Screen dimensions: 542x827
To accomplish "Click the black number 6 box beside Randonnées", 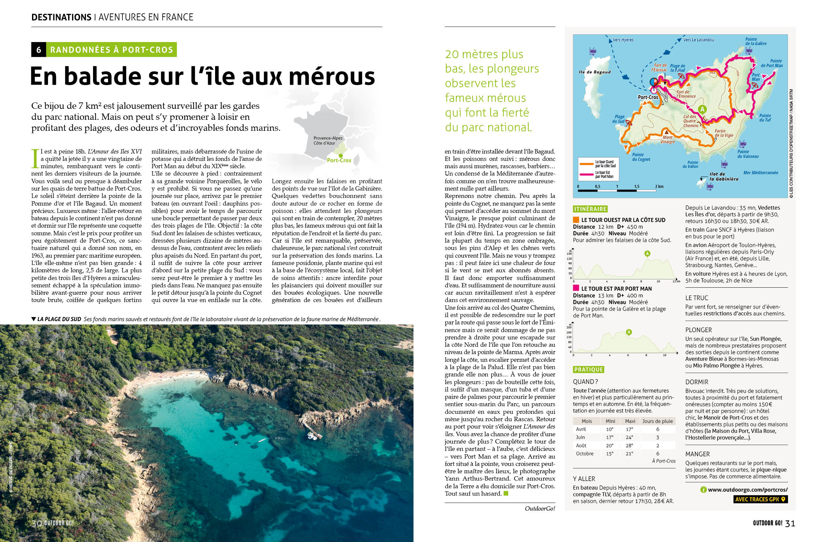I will [x=39, y=50].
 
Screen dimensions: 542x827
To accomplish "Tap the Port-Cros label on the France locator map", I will [x=339, y=160].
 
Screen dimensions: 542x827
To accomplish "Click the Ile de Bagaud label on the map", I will [x=595, y=72].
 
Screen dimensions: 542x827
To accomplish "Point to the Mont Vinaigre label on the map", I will [x=668, y=140].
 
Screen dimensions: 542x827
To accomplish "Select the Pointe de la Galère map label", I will [x=755, y=41].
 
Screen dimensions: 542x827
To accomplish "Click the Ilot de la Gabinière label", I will [x=723, y=177].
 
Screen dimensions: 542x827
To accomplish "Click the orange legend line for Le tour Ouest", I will [x=586, y=164].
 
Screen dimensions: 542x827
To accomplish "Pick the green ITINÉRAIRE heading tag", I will [x=590, y=209].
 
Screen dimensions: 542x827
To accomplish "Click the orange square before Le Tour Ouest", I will [x=576, y=220].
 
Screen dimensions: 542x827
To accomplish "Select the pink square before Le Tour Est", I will [x=576, y=288].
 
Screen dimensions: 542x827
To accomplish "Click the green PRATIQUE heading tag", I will [x=588, y=369].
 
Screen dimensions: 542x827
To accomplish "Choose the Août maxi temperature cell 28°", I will [x=630, y=445].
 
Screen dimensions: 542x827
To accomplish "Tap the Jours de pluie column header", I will [x=657, y=421].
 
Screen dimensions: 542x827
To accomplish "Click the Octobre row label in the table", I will [x=585, y=453].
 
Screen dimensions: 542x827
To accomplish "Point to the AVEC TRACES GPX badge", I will [x=760, y=499].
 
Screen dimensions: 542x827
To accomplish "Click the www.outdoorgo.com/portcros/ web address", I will [x=747, y=490].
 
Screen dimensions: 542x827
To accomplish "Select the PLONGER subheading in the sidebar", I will [x=698, y=330].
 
